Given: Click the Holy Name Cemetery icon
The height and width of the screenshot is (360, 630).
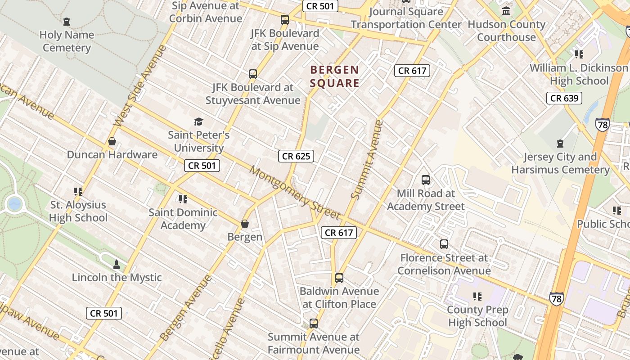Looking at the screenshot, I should (x=67, y=21).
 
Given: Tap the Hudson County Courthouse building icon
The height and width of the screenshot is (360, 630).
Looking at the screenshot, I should (x=506, y=11).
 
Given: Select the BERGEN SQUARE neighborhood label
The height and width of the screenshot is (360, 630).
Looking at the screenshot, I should (x=334, y=76).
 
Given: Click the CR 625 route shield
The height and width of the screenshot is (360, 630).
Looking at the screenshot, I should (x=296, y=156).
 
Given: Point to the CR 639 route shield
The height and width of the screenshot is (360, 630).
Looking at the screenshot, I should (x=564, y=98).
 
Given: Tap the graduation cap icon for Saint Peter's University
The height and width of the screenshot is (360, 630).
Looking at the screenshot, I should (x=198, y=121).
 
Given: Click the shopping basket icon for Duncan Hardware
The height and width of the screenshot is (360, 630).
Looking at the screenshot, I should (x=112, y=142).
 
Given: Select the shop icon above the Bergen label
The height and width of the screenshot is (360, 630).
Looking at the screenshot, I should (x=245, y=224).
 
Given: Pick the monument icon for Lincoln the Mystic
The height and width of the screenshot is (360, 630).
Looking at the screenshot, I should (x=117, y=264).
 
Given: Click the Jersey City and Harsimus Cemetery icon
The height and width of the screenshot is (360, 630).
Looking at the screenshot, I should (x=560, y=144).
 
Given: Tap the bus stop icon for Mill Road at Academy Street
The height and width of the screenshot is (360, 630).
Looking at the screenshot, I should (x=426, y=180).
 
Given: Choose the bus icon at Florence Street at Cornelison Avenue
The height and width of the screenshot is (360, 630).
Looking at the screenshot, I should (x=444, y=244).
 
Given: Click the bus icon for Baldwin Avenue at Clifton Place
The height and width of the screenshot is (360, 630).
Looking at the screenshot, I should (x=339, y=278).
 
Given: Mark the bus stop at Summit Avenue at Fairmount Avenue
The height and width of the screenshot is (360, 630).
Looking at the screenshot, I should (x=314, y=324).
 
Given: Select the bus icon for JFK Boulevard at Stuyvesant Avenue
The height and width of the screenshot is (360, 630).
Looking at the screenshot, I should (x=253, y=74).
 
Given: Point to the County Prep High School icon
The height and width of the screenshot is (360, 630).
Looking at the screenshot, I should (x=477, y=297).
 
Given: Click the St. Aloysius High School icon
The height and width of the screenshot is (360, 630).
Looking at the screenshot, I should (x=78, y=192).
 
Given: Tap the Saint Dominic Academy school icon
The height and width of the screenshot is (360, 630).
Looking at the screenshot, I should (x=183, y=199).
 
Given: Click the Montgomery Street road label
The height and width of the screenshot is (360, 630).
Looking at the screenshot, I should (x=295, y=193).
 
